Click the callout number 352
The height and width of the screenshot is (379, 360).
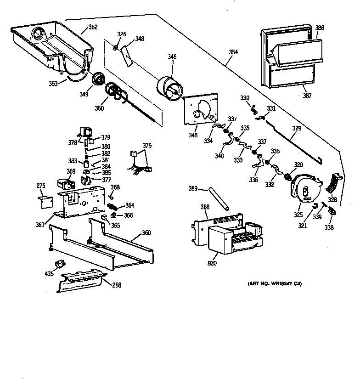click(x=93, y=27)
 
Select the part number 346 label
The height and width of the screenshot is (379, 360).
click(x=172, y=57)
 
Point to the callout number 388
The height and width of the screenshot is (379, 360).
click(x=320, y=28)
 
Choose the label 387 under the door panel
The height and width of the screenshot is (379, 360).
click(x=307, y=96)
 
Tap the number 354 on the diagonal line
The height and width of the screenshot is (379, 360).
click(x=233, y=52)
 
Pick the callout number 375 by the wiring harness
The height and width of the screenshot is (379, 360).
click(x=146, y=146)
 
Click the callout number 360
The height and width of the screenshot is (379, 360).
click(x=146, y=233)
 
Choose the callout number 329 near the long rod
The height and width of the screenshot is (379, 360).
click(x=297, y=129)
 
